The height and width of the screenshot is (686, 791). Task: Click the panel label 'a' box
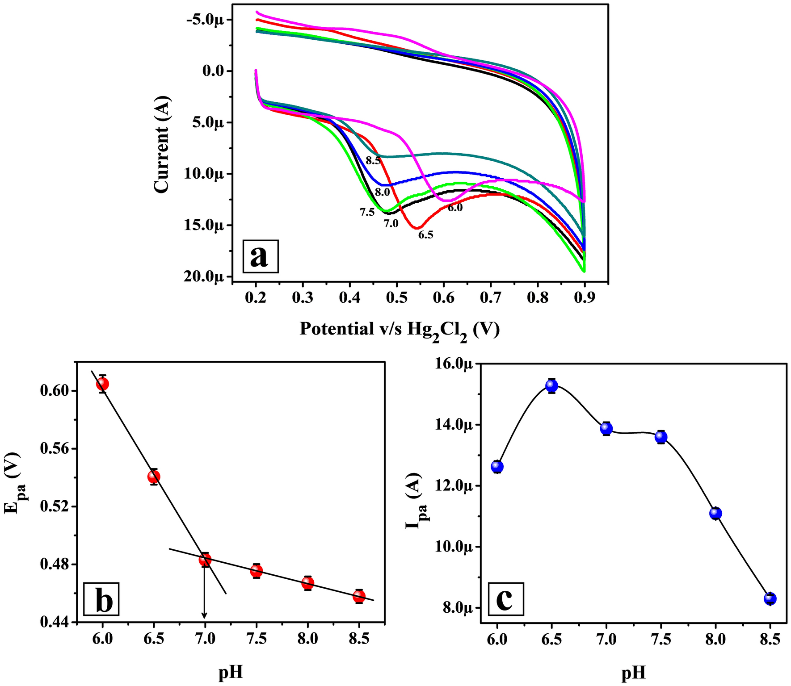coord(260,256)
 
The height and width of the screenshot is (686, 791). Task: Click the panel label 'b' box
coord(101,599)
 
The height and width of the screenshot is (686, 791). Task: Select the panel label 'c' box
coord(505,599)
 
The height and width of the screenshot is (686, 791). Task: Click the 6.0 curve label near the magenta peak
coord(455,208)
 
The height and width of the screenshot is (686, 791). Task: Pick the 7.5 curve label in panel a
coord(367,213)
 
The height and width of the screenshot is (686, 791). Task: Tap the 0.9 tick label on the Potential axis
coord(584,298)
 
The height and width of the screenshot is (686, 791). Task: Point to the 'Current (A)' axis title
coord(162,144)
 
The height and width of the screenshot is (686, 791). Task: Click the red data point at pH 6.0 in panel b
coord(102,384)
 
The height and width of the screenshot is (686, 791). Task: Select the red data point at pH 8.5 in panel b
coord(359,596)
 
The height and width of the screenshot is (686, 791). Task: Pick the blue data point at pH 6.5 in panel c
coord(552,385)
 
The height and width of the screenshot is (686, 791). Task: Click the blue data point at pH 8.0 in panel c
coord(715,514)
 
